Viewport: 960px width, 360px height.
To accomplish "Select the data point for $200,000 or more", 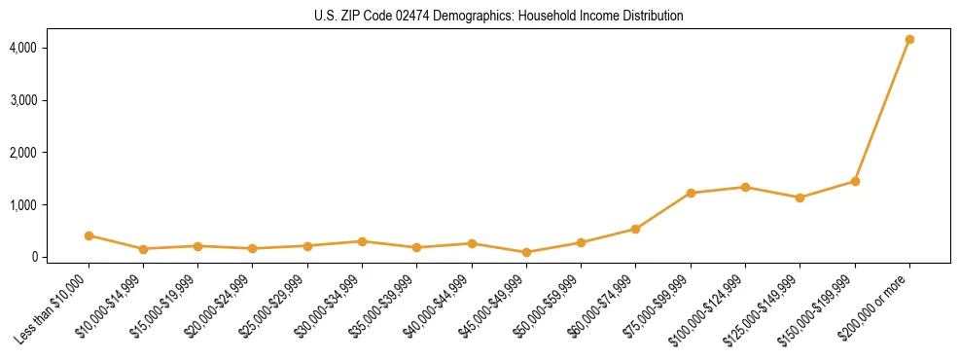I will tap(909, 40).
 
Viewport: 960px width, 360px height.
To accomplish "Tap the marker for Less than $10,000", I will tap(89, 235).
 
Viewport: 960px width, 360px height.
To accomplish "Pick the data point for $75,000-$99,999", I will tap(691, 194).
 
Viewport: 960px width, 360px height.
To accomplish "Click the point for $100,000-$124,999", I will tap(745, 187).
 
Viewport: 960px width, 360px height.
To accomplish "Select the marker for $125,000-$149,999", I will tap(800, 198).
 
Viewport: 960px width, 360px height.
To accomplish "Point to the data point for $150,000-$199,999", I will tap(855, 181).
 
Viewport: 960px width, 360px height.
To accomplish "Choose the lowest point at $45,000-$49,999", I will tap(526, 252).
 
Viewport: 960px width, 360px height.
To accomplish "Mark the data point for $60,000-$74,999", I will tap(635, 230).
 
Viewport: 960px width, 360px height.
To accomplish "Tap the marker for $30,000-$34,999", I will tap(362, 241).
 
